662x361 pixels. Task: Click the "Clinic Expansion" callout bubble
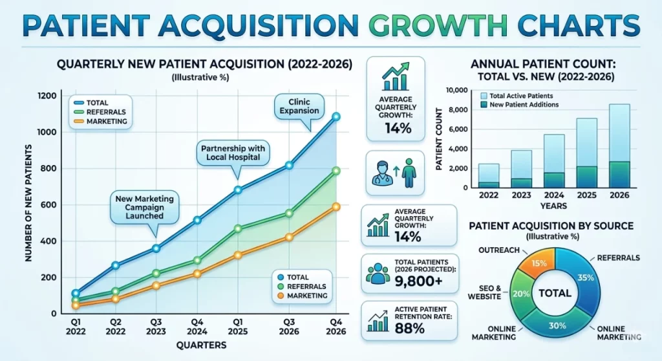pyautogui.click(x=299, y=105)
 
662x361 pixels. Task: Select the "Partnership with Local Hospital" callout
pyautogui.click(x=231, y=151)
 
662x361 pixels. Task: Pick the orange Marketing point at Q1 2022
pyautogui.click(x=76, y=305)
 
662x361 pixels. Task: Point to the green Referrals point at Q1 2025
pyautogui.click(x=238, y=228)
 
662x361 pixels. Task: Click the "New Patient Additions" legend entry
pyautogui.click(x=520, y=104)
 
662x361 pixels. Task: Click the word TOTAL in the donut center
pyautogui.click(x=554, y=293)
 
